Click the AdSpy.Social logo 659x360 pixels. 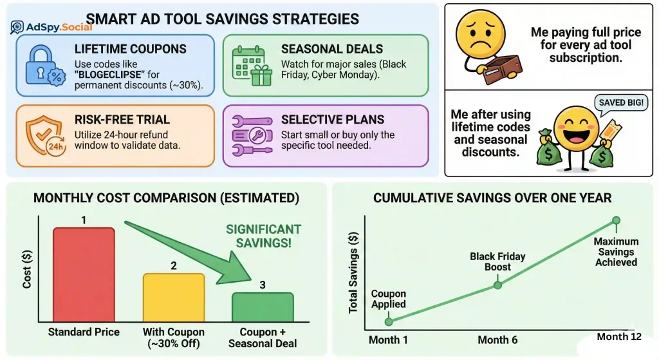(51, 27)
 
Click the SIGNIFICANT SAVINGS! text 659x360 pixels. (263, 236)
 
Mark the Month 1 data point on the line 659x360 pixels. (388, 321)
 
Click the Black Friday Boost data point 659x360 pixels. (497, 285)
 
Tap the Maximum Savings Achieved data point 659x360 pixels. (616, 220)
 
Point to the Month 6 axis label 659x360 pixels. (497, 340)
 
